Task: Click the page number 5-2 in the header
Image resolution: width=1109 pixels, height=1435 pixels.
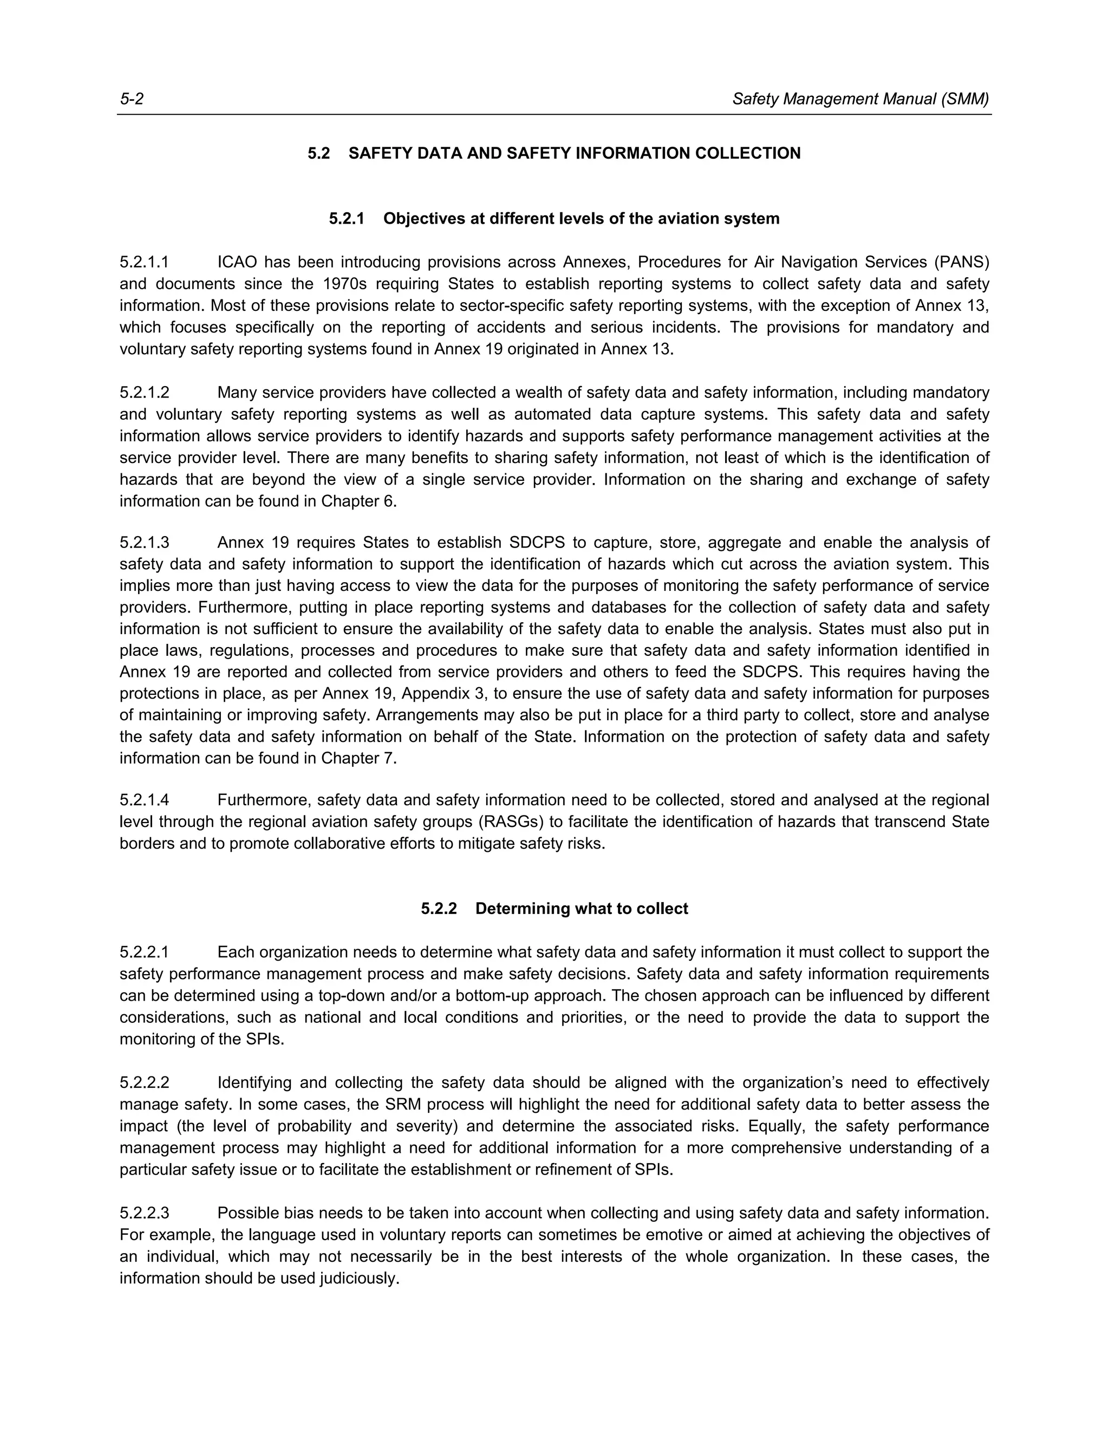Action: pyautogui.click(x=132, y=99)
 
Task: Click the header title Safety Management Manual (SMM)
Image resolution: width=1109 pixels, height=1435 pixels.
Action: pyautogui.click(x=860, y=99)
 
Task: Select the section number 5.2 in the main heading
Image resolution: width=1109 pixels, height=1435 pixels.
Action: pyautogui.click(x=318, y=154)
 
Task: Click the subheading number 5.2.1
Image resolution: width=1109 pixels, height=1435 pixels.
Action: pyautogui.click(x=346, y=219)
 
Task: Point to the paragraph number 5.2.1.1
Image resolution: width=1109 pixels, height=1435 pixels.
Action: pyautogui.click(x=144, y=263)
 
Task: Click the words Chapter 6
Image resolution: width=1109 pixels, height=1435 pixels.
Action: pyautogui.click(x=358, y=501)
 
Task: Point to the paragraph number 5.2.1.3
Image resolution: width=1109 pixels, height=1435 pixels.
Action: pyautogui.click(x=144, y=543)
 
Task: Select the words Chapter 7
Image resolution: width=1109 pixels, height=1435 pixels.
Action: pyautogui.click(x=358, y=758)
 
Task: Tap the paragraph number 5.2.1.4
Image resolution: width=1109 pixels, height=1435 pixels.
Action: pyautogui.click(x=144, y=800)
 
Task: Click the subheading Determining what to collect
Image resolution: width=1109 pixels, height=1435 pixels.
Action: pyautogui.click(x=582, y=909)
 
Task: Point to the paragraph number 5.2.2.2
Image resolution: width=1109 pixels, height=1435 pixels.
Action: pyautogui.click(x=144, y=1082)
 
